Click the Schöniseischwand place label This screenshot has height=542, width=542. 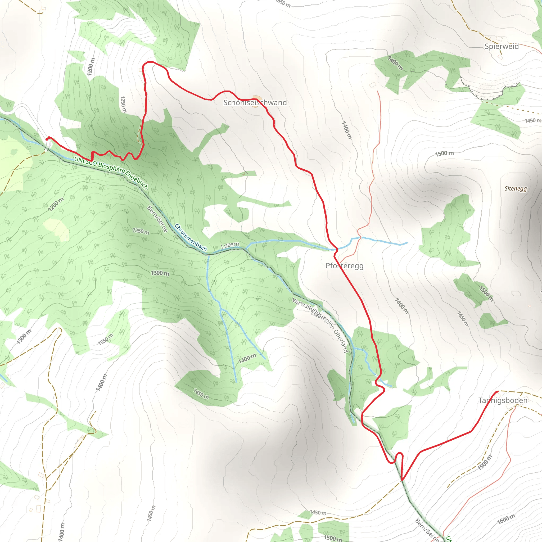click(x=255, y=103)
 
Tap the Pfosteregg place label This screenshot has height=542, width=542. click(x=344, y=266)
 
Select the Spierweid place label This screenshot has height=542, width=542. click(x=502, y=46)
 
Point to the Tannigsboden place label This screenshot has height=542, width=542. click(x=503, y=400)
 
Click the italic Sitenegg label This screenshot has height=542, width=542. click(x=516, y=188)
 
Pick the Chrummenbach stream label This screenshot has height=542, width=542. click(x=191, y=237)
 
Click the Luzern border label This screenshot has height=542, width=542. click(x=230, y=245)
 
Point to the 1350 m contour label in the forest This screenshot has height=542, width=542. click(x=106, y=340)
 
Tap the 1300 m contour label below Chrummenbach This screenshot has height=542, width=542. click(x=160, y=273)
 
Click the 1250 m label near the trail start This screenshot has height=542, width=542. click(x=123, y=104)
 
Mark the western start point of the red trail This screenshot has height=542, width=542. click(x=47, y=139)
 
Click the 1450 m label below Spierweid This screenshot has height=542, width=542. click(x=533, y=121)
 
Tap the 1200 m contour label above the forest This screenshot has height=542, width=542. click(x=91, y=66)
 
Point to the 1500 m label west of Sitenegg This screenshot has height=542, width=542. click(x=444, y=153)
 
